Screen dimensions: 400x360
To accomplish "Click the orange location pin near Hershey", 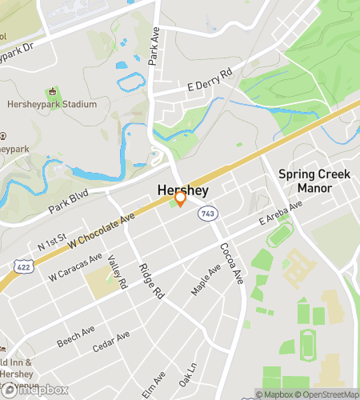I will [x=181, y=197].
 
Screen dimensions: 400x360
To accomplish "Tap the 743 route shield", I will [x=208, y=213].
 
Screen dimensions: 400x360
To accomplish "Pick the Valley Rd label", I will [x=117, y=273].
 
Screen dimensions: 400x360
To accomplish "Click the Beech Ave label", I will [x=76, y=336].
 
